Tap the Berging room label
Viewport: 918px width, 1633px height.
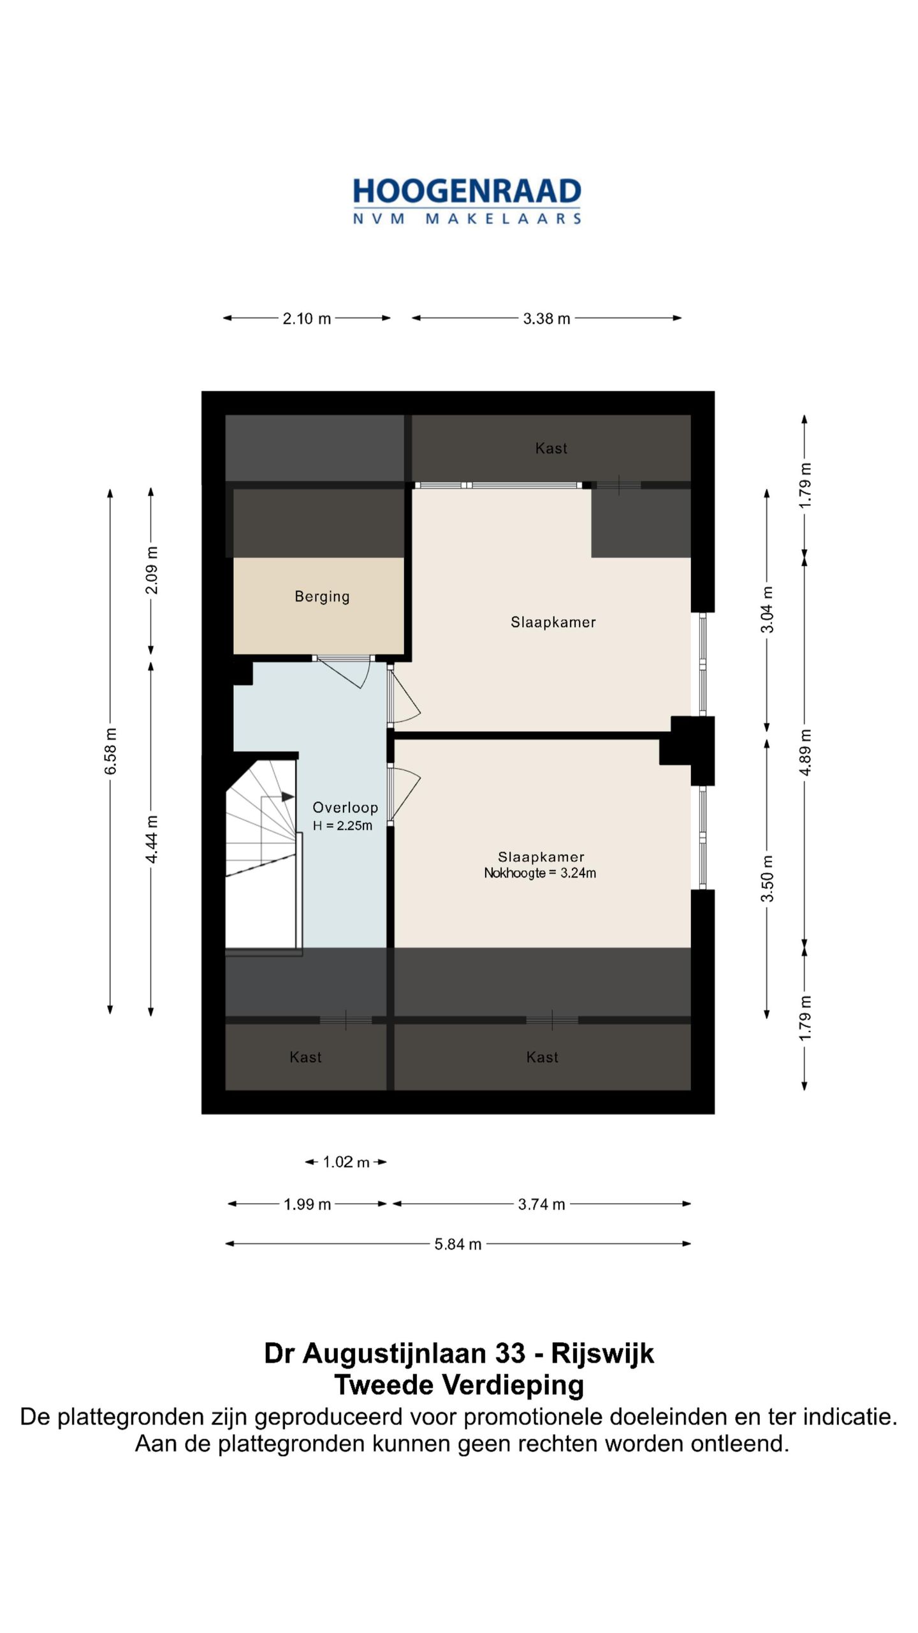tap(322, 596)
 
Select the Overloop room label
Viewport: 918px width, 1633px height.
tap(345, 808)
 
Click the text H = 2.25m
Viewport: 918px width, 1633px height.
tap(342, 825)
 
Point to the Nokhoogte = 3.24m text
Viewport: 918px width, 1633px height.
tap(540, 873)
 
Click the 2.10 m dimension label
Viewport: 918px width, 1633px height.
tap(307, 318)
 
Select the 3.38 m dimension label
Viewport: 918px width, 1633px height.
tap(546, 318)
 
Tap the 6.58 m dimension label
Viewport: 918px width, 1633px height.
tap(110, 751)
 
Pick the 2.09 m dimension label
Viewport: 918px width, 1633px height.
tap(151, 570)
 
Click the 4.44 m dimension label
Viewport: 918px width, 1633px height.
tap(151, 839)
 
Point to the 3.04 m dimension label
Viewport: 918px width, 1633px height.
tap(767, 609)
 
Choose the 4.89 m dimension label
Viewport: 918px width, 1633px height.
tap(805, 752)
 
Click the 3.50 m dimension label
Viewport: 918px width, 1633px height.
tap(767, 878)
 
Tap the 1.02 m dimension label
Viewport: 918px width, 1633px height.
tap(346, 1162)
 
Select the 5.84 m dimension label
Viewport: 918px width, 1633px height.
tap(458, 1244)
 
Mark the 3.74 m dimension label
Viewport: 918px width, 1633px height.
tap(541, 1204)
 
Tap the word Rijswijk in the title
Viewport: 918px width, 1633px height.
tap(602, 1354)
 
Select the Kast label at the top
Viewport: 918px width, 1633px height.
tap(551, 448)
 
